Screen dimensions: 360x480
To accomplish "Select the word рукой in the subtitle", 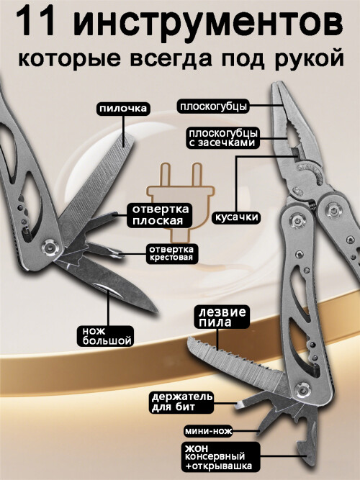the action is click(309, 59).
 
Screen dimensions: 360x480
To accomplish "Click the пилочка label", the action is click(123, 109).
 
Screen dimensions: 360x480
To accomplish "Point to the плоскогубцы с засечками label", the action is click(223, 138).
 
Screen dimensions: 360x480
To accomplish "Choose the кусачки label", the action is click(235, 217).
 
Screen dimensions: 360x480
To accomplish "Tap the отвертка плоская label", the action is click(161, 215).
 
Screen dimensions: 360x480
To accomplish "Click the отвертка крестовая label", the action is click(171, 253).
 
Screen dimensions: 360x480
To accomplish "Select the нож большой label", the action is click(107, 336).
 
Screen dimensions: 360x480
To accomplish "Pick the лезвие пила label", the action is click(222, 317).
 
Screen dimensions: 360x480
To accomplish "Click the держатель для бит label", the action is click(182, 402).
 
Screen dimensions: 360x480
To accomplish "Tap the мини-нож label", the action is click(208, 432).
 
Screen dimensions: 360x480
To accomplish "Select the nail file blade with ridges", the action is click(98, 184).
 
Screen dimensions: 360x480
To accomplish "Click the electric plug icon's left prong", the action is click(166, 175).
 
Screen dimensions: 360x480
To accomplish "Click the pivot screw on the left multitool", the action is click(50, 246).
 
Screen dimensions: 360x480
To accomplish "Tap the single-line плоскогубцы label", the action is click(213, 107).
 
